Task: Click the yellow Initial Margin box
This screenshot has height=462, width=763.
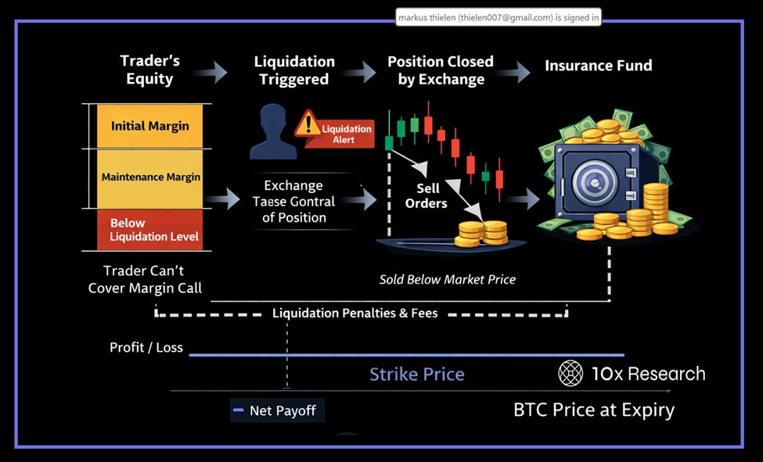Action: [x=149, y=126]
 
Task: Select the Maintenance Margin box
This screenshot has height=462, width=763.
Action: [x=149, y=177]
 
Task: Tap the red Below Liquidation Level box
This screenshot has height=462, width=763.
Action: [x=149, y=230]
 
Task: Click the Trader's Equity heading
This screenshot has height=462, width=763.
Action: [x=149, y=70]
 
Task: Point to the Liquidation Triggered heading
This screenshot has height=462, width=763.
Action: [x=294, y=70]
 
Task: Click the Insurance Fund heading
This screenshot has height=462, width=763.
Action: [x=598, y=66]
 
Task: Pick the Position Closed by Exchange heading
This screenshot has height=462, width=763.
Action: [x=441, y=70]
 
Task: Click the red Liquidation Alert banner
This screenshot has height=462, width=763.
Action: [x=340, y=134]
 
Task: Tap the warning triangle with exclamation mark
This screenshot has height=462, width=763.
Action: [x=308, y=123]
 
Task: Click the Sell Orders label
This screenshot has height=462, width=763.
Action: [x=426, y=195]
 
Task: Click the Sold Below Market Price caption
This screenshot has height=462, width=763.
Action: [x=448, y=279]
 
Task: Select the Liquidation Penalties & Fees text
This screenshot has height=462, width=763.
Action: [x=355, y=313]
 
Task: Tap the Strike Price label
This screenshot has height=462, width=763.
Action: [x=416, y=374]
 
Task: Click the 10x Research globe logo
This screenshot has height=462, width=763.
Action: [x=570, y=374]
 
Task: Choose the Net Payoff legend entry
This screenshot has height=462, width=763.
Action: [x=277, y=410]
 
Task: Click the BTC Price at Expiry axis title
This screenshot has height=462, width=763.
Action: [x=593, y=410]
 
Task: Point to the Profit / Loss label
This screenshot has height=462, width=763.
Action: [x=146, y=347]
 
